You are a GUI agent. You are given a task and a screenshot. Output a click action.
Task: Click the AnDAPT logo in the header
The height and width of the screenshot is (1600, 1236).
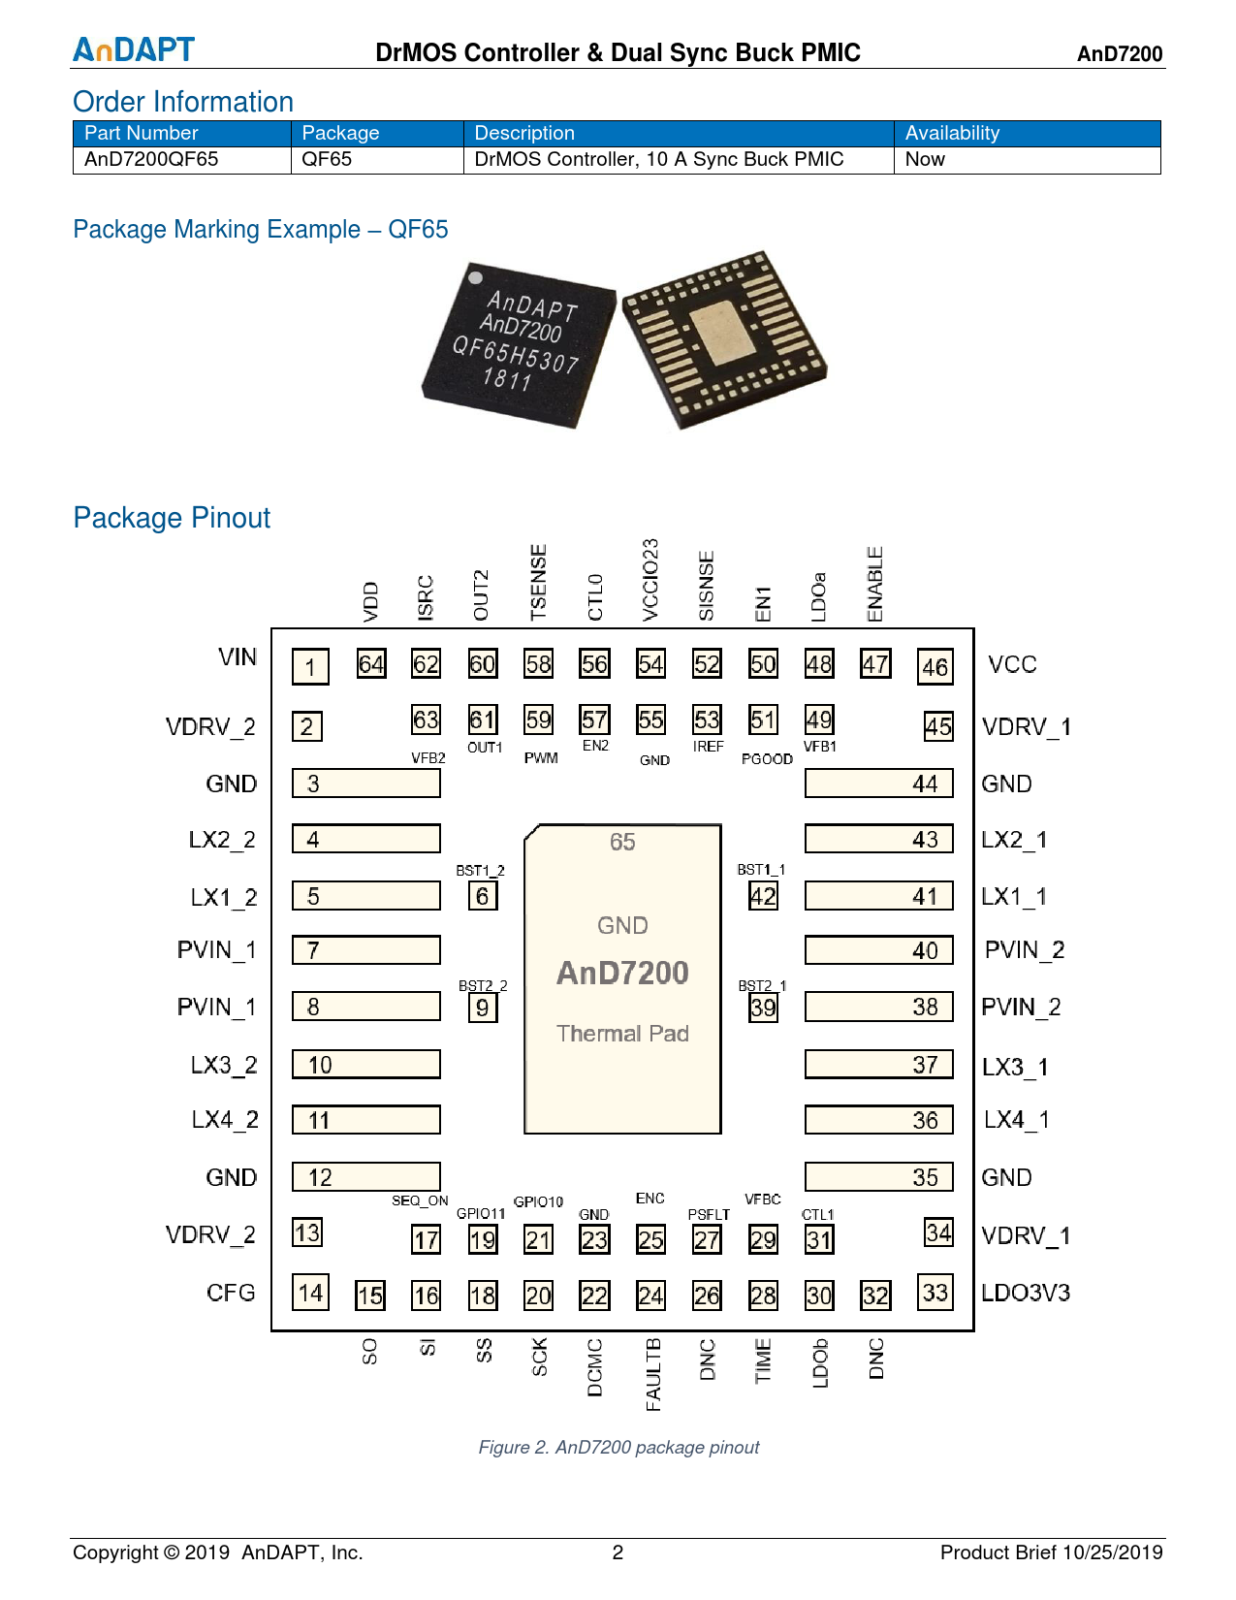134,49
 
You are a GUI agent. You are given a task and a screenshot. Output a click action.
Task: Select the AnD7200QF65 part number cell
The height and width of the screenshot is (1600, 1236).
152,160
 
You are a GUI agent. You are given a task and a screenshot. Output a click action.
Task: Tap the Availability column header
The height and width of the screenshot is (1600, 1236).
952,134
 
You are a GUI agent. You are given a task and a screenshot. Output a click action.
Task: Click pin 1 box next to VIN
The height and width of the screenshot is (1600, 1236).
310,667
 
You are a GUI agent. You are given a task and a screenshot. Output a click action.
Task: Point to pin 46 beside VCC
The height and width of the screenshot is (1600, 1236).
935,667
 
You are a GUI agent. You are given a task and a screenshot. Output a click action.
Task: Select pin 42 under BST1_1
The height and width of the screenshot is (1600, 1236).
763,896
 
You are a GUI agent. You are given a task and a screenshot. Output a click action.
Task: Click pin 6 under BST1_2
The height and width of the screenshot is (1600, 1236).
483,896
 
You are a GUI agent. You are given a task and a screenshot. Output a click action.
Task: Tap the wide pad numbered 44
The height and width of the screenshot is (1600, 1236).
878,784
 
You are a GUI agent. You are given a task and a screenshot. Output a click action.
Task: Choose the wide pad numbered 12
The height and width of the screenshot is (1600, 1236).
366,1177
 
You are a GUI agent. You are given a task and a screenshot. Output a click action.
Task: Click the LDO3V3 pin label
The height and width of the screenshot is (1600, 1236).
1026,1294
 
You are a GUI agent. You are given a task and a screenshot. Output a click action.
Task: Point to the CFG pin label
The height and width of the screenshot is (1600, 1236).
231,1294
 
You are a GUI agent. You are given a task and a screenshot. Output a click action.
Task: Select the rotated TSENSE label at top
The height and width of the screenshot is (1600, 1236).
539,582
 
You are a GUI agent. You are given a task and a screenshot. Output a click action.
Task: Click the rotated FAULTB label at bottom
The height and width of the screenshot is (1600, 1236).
652,1374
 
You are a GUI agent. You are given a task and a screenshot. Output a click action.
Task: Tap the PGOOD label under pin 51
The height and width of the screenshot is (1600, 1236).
767,759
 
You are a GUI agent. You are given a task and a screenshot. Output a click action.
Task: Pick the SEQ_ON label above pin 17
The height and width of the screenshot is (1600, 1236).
420,1201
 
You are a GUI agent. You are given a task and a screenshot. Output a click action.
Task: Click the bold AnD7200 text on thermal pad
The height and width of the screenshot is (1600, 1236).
622,973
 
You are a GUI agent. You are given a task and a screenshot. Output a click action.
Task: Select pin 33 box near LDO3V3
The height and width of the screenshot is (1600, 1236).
935,1293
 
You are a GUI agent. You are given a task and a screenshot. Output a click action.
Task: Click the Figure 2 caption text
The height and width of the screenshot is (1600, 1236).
618,1448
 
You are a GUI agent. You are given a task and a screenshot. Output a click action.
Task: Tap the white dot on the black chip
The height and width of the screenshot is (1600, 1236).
476,277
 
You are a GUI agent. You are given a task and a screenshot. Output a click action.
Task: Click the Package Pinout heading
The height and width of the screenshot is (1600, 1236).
172,518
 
